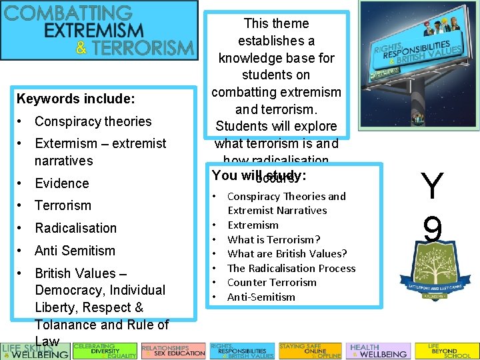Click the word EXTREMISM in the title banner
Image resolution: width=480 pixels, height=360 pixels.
99,31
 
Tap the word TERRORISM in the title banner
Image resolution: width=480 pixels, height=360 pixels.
143,48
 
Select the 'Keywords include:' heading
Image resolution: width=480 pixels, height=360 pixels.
75,99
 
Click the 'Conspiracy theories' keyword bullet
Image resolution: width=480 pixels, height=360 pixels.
93,121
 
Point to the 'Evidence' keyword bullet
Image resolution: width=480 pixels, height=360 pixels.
61,183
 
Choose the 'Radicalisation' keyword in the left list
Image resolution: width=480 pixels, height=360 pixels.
75,228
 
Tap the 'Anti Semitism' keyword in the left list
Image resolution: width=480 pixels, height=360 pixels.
75,251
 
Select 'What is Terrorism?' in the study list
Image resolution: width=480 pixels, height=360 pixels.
273,239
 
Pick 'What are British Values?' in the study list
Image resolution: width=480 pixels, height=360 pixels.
287,253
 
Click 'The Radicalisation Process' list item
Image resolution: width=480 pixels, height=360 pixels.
291,268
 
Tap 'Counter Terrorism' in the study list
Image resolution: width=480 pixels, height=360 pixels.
272,282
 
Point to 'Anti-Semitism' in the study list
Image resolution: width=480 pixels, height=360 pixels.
261,297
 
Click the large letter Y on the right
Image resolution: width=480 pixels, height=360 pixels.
432,187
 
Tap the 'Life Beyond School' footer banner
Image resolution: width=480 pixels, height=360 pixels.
446,351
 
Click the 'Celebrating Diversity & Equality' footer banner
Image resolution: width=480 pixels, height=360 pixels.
105,351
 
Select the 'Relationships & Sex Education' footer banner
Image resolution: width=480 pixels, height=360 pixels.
173,351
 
